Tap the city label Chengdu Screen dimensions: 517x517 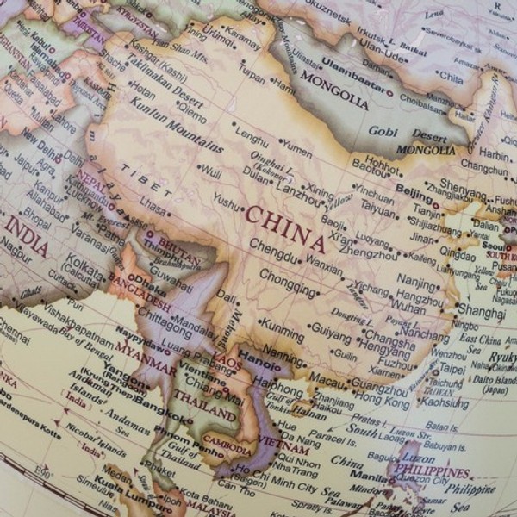point(274,244)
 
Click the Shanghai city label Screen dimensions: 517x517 point(481,310)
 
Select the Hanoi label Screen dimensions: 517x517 point(259,355)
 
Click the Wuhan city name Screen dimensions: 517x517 point(408,305)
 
